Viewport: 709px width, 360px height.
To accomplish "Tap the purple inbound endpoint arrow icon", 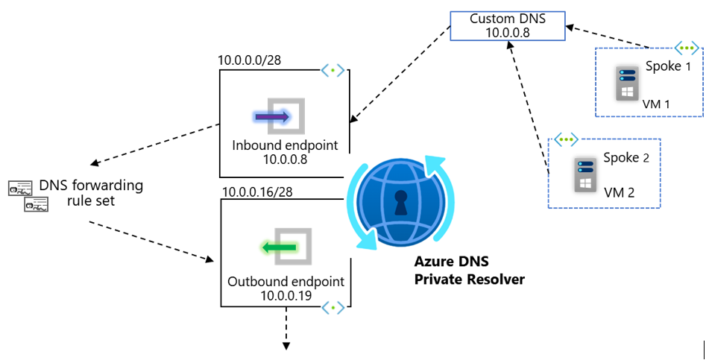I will point(277,117).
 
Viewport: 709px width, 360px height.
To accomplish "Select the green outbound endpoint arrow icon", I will point(281,247).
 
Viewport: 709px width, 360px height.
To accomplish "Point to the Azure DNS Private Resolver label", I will point(470,271).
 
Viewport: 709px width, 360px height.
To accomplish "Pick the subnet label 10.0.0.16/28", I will point(257,192).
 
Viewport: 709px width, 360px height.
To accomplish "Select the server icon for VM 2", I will point(582,174).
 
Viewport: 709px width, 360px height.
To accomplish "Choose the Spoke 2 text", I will point(621,158).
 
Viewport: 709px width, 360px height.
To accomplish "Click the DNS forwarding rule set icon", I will point(28,195).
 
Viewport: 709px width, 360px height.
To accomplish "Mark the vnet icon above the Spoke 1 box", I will point(685,46).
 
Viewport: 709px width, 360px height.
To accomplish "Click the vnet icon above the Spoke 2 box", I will point(567,139).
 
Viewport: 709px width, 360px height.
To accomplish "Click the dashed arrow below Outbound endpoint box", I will point(286,328).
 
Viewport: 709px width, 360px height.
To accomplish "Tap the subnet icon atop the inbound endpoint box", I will point(333,71).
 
